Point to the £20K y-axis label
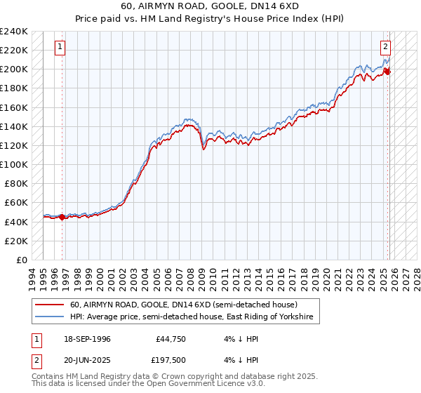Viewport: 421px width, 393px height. pos(15,241)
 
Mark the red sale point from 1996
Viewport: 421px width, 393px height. pos(62,217)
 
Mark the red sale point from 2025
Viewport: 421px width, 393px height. pos(389,72)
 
